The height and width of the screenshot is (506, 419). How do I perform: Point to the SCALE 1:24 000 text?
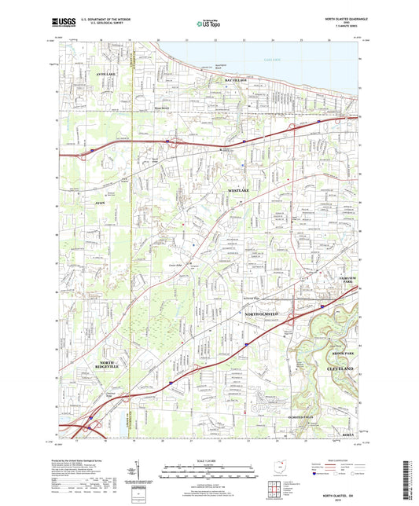pyautogui.click(x=209, y=459)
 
